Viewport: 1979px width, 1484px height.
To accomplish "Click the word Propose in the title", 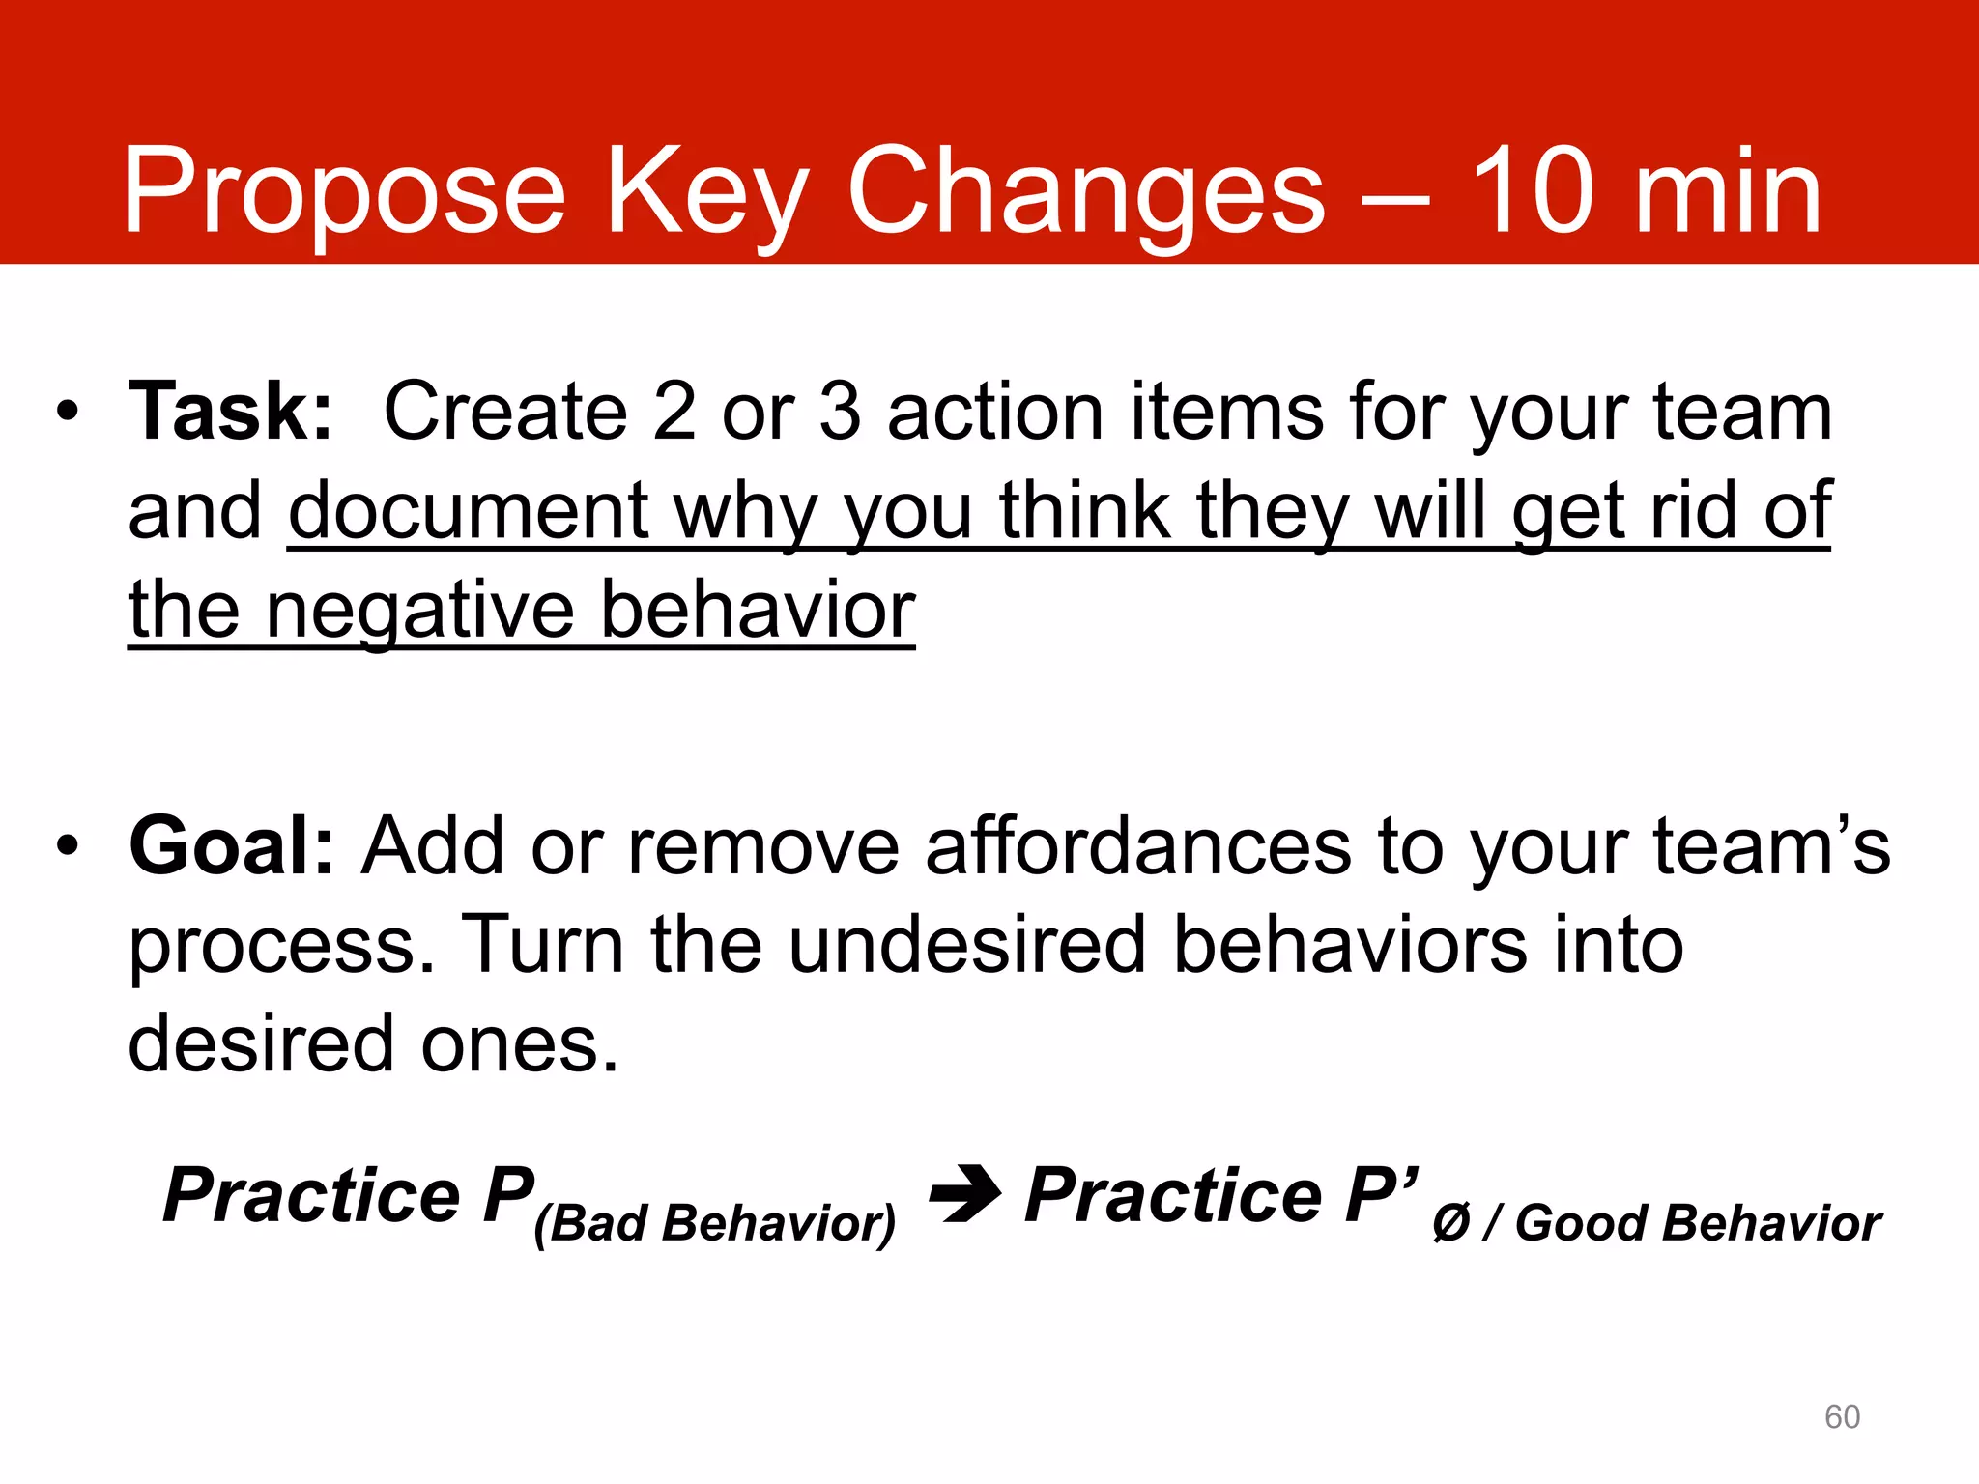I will tap(343, 193).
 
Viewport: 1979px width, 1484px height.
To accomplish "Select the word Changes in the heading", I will tap(1086, 193).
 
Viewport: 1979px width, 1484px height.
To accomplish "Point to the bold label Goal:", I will tap(232, 846).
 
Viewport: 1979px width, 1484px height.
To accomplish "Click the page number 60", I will tap(1842, 1416).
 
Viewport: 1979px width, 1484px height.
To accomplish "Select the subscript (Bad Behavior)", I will tap(715, 1223).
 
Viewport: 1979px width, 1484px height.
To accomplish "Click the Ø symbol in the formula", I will tap(1451, 1223).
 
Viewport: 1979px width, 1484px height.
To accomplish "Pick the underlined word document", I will tap(469, 512).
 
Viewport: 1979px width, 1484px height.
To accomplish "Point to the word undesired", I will tap(966, 945).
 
